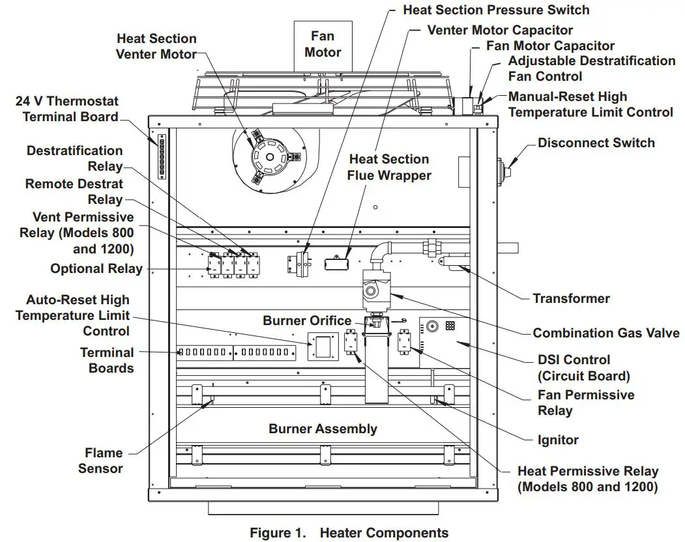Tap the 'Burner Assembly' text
323,429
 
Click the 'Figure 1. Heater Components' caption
349,533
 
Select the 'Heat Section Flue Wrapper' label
388,167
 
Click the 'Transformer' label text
571,298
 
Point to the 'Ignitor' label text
558,440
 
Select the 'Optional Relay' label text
96,268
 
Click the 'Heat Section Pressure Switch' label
495,10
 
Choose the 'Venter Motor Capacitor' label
500,30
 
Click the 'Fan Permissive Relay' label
585,403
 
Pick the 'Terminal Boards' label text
107,360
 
